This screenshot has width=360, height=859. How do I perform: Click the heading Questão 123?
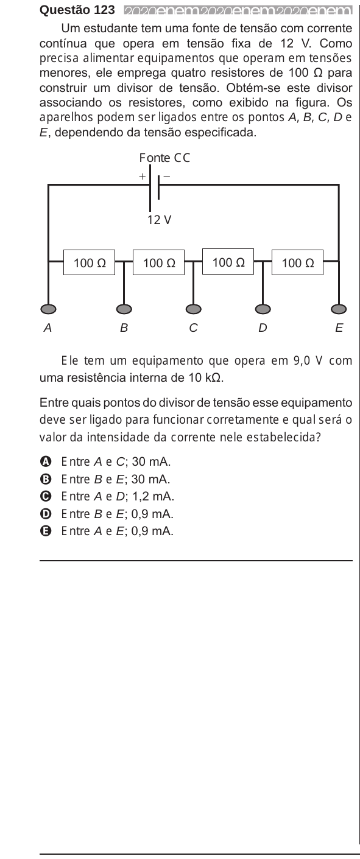(77, 10)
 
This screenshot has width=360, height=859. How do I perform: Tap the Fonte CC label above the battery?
(164, 158)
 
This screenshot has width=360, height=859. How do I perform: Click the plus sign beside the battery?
(143, 177)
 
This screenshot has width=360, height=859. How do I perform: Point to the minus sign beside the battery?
(167, 177)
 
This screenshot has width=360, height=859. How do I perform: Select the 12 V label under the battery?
(159, 220)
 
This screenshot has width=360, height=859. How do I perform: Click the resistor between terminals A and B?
(90, 262)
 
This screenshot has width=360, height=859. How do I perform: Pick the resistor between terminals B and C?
(158, 262)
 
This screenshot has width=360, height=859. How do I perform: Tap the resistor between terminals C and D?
(228, 262)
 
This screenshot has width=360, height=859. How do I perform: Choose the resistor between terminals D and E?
(297, 262)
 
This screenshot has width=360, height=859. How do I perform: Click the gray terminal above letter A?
(48, 309)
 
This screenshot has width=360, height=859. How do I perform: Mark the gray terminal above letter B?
(124, 309)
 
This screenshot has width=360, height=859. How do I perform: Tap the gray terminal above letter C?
(193, 309)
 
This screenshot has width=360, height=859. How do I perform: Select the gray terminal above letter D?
(263, 309)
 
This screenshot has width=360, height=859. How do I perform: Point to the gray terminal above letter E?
(339, 309)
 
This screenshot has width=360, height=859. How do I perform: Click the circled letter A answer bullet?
(45, 461)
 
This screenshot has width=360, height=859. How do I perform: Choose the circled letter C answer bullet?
(45, 497)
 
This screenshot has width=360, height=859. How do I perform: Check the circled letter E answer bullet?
(45, 531)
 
